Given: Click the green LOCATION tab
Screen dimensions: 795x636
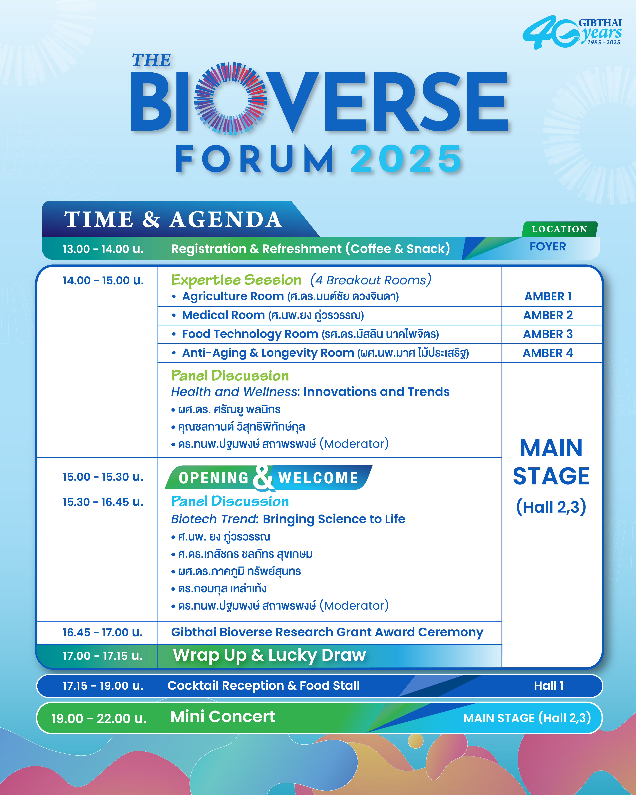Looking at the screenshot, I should [x=559, y=229].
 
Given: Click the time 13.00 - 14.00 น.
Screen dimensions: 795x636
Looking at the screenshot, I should [x=103, y=249].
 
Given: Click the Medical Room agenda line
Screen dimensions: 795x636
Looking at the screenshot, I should [x=273, y=315].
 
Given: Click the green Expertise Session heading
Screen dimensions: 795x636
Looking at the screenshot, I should [x=236, y=280].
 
